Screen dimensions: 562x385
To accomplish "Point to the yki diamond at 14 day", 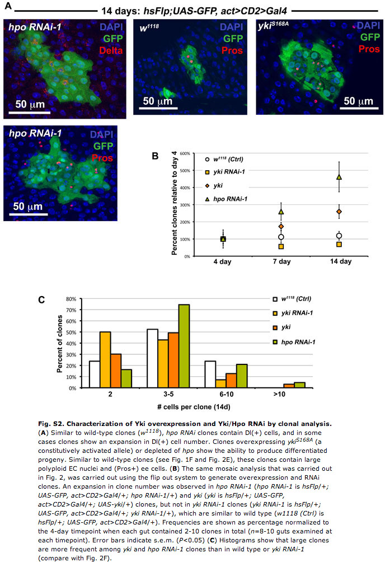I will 339,212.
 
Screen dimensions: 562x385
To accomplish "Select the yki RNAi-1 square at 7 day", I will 281,246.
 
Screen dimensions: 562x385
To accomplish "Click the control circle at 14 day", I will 339,236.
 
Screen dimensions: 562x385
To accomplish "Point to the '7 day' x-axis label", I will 281,261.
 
